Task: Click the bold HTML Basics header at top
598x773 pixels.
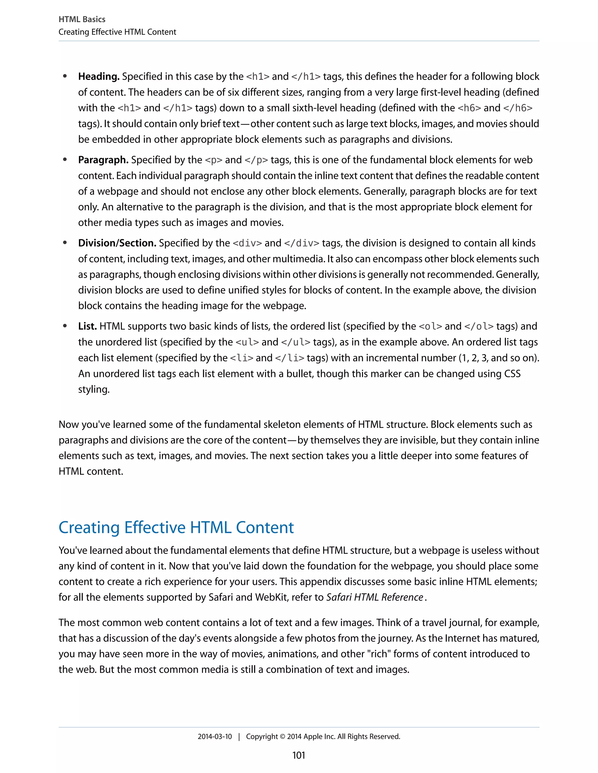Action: [x=82, y=20]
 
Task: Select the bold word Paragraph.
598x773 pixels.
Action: [x=103, y=160]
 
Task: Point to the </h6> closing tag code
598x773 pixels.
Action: [x=518, y=108]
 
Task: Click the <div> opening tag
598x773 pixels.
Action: [x=247, y=243]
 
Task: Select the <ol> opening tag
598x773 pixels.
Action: [x=430, y=326]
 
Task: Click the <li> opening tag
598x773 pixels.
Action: [x=241, y=358]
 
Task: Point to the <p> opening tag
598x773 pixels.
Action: [x=214, y=160]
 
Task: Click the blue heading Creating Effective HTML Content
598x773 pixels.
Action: [x=176, y=528]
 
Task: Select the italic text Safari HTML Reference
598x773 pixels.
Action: [x=374, y=597]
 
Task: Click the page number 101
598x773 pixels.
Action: [x=299, y=755]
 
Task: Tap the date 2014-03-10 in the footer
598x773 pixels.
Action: [x=215, y=737]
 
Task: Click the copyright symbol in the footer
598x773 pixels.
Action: [x=282, y=737]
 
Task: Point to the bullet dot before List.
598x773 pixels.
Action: [x=65, y=326]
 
